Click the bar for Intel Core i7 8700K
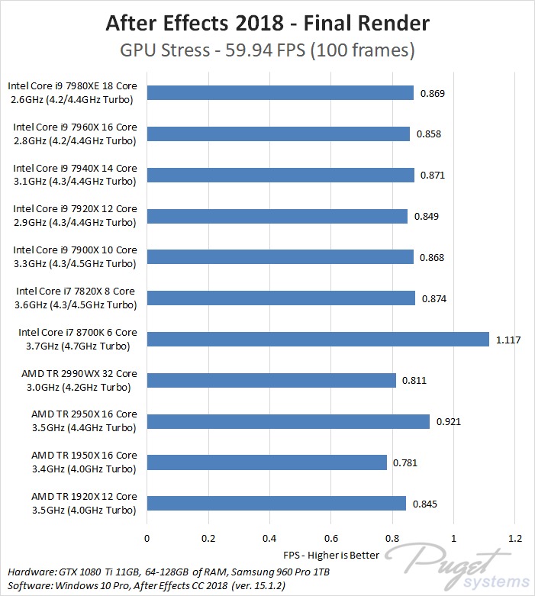(x=317, y=339)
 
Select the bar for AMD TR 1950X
(x=266, y=462)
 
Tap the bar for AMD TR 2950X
(x=288, y=421)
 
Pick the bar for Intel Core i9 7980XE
(x=280, y=93)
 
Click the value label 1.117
(x=508, y=340)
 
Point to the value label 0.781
(x=405, y=462)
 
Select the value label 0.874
(x=434, y=298)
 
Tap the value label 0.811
(x=414, y=380)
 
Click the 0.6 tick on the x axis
(x=330, y=537)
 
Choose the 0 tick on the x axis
(x=147, y=537)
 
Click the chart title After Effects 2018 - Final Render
(x=267, y=23)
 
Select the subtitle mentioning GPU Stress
(x=267, y=51)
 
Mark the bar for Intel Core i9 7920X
(x=277, y=216)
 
